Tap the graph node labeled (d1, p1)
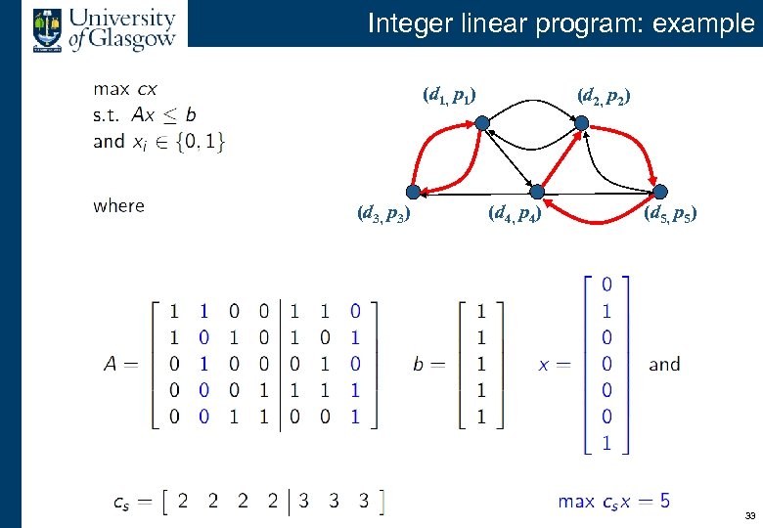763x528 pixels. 482,123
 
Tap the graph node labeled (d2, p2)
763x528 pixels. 580,123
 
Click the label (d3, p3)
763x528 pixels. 382,212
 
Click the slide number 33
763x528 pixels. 749,515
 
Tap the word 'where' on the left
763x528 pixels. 118,205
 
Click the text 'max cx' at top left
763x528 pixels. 125,88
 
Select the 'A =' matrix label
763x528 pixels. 121,364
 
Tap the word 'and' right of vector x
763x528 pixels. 664,364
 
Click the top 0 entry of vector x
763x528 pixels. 607,285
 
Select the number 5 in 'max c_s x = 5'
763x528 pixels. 664,502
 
